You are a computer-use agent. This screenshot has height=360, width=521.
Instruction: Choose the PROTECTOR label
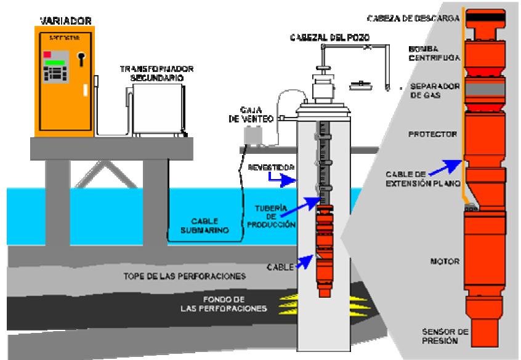coord(427,134)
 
